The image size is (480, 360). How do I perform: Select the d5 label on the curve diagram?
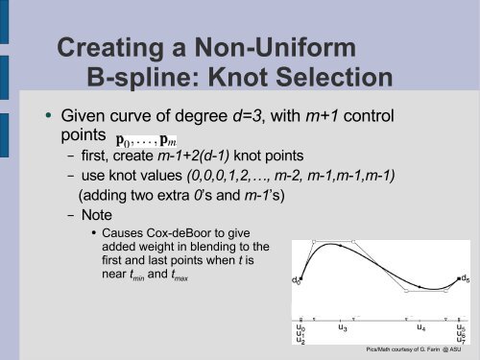[x=466, y=279]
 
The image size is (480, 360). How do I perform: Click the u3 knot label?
[x=343, y=327]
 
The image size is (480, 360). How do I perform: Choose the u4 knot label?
[x=420, y=327]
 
